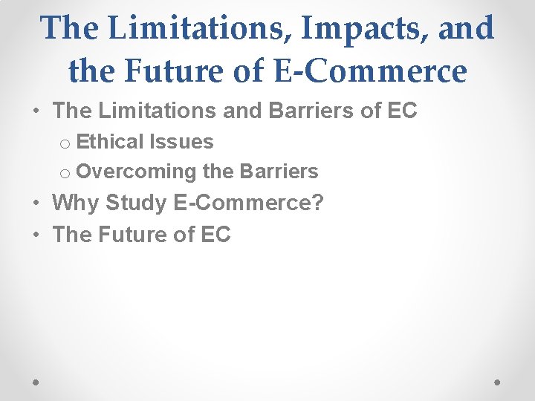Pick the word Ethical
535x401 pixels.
click(x=109, y=141)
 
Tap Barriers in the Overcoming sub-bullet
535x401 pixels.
click(x=279, y=172)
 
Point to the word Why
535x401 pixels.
click(x=77, y=203)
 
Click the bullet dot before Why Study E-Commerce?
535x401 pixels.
click(x=36, y=203)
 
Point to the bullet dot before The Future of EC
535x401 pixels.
click(x=36, y=235)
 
